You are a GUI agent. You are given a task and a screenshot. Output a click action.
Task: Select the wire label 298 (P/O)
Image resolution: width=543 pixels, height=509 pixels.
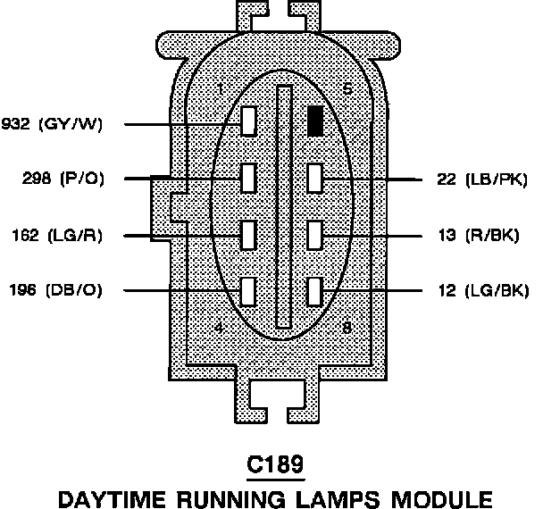pyautogui.click(x=63, y=179)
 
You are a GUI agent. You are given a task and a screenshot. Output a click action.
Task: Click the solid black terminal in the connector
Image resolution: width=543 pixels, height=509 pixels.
pyautogui.click(x=314, y=121)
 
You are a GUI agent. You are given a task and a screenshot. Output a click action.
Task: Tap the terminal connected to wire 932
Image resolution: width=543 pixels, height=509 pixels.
pyautogui.click(x=249, y=121)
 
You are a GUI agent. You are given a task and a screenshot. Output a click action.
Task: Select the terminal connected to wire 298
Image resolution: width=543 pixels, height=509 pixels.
pyautogui.click(x=249, y=178)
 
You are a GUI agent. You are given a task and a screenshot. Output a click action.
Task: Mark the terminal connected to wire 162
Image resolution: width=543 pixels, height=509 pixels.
pyautogui.click(x=249, y=235)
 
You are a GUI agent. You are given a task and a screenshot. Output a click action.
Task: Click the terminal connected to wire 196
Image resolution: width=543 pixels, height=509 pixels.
pyautogui.click(x=249, y=291)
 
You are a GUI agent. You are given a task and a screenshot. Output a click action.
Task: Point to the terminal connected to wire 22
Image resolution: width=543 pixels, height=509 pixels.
pyautogui.click(x=314, y=178)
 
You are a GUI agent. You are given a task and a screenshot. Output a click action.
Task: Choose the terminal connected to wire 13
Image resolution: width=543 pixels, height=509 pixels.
pyautogui.click(x=314, y=235)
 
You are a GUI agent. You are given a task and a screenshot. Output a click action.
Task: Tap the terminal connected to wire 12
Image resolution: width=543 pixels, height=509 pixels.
pyautogui.click(x=314, y=291)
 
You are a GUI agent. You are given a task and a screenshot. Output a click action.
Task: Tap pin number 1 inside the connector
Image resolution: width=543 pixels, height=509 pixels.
pyautogui.click(x=221, y=88)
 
